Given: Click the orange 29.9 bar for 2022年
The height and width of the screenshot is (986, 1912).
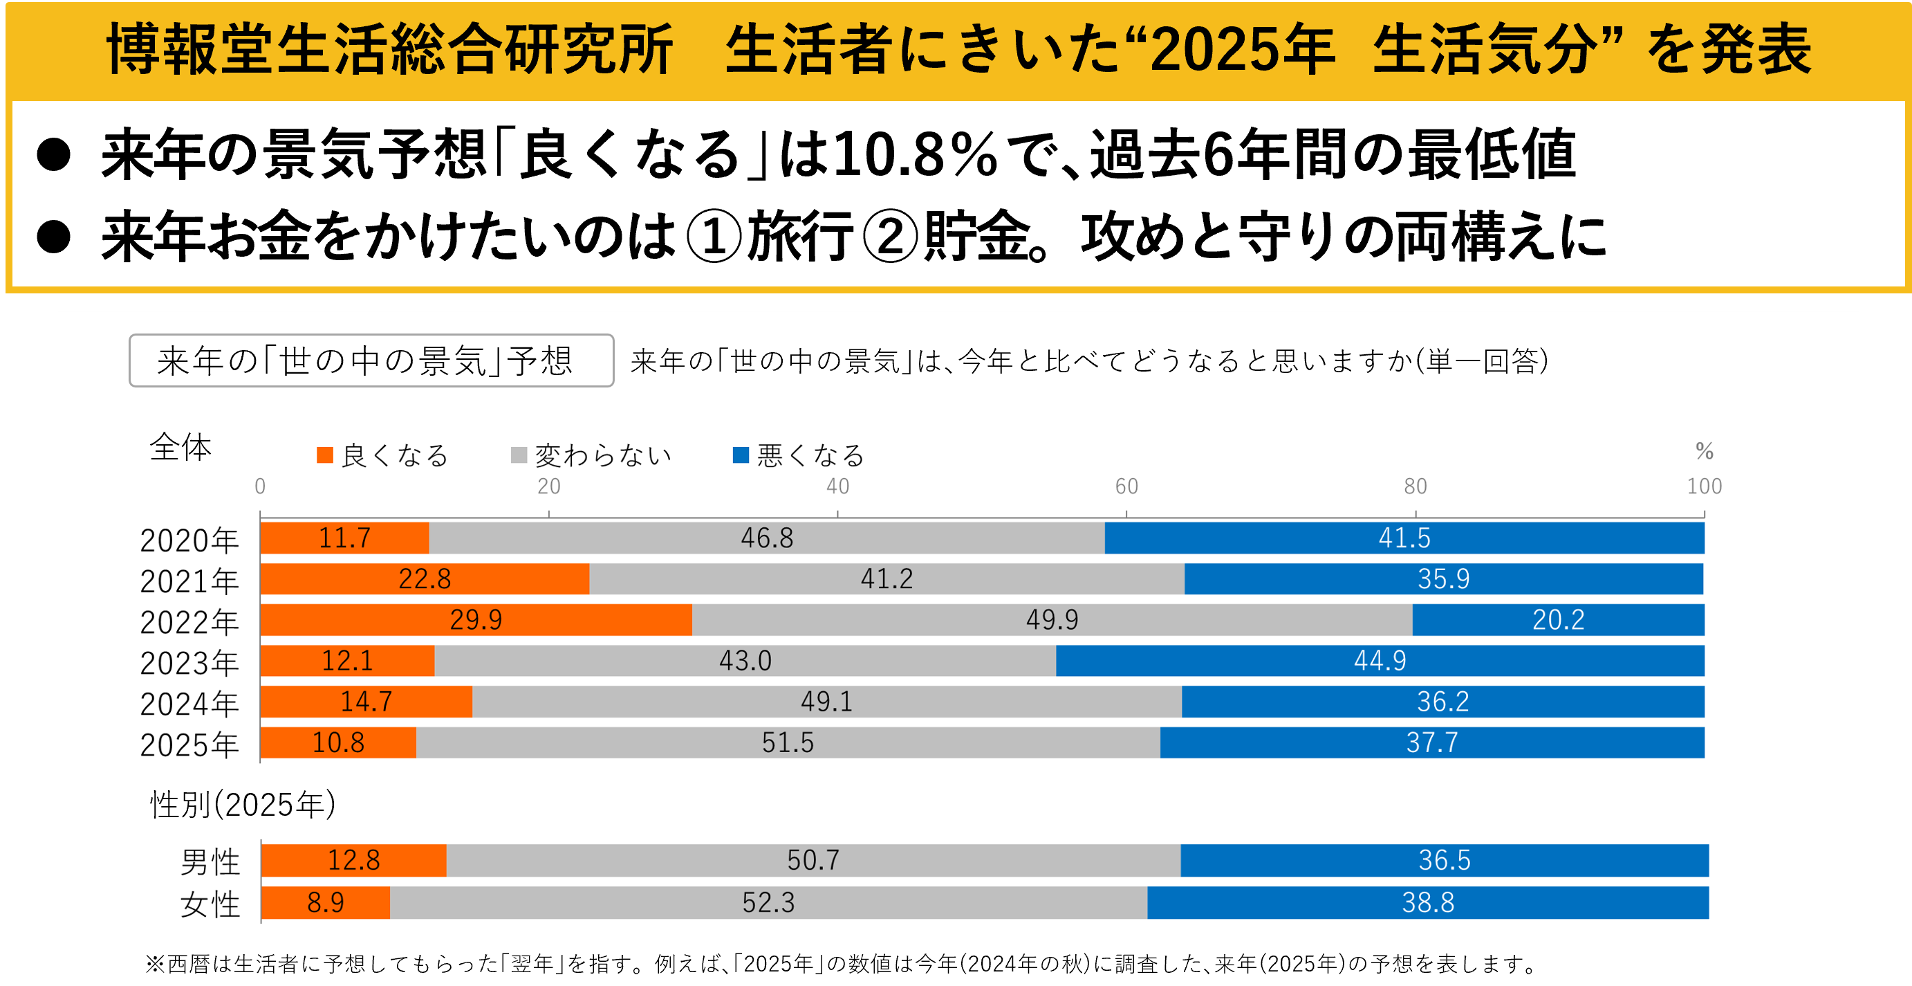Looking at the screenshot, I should click(x=476, y=619).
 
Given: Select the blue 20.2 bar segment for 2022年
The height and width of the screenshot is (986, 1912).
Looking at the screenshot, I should click(x=1558, y=619).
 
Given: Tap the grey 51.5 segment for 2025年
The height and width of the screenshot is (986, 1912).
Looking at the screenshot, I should click(x=788, y=742).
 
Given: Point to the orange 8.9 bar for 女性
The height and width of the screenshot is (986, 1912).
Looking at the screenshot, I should click(x=326, y=902).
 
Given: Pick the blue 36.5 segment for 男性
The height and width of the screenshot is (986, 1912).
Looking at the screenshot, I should click(x=1444, y=860).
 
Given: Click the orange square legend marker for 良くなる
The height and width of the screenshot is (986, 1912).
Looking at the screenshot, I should click(x=324, y=455).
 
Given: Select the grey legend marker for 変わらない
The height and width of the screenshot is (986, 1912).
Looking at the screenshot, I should click(x=519, y=455).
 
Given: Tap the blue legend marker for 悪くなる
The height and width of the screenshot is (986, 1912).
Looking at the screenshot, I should click(x=740, y=455).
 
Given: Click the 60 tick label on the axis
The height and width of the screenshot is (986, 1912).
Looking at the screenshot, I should click(x=1126, y=486).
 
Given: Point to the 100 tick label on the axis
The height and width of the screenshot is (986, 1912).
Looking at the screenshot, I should click(x=1703, y=486).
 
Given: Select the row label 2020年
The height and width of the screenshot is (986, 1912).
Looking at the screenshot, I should click(x=189, y=540).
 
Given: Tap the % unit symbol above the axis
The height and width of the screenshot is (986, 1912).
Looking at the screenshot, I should click(x=1704, y=450).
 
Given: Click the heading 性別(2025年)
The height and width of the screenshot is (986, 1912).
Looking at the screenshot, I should click(x=243, y=804).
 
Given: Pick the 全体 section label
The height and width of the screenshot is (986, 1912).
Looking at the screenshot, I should click(x=180, y=447).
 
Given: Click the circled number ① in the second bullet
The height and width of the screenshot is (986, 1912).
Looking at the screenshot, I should click(x=714, y=237).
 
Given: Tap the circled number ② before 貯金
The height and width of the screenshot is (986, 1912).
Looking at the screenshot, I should click(x=891, y=237).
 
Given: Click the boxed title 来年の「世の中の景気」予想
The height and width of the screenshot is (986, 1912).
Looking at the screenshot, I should click(x=371, y=360).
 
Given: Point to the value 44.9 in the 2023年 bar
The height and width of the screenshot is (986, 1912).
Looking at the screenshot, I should click(x=1379, y=660).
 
